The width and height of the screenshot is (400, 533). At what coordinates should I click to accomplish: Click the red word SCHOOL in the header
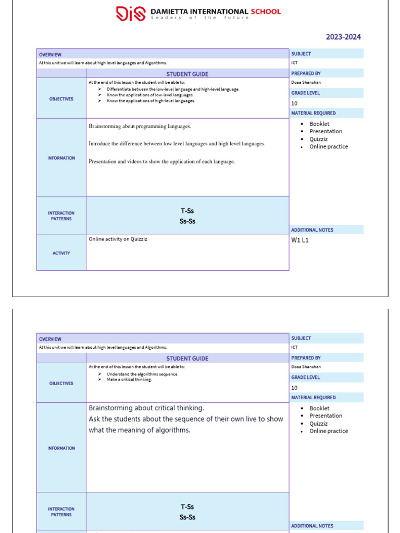click(x=265, y=11)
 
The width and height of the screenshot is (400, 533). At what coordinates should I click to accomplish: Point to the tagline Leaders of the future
click(x=200, y=18)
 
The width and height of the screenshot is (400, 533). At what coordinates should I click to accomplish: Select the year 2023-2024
click(x=343, y=37)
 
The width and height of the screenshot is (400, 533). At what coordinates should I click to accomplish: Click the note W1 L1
click(x=300, y=240)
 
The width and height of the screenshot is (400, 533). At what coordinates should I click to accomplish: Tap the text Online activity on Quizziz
click(x=121, y=239)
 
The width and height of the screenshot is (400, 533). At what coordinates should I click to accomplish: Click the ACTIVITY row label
click(x=61, y=253)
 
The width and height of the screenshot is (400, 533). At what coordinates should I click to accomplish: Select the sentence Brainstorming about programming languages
click(x=140, y=126)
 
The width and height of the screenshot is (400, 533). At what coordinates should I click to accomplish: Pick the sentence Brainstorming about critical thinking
click(x=146, y=408)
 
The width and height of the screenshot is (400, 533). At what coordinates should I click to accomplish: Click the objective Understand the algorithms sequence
click(x=142, y=374)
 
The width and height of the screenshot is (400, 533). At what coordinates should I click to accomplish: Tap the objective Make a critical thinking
click(x=129, y=379)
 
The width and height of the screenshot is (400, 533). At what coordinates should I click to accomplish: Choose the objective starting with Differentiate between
click(x=173, y=90)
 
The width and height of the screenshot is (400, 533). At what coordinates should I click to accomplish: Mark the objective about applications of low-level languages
click(x=150, y=95)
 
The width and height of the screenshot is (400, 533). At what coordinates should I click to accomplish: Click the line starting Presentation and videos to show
click(x=161, y=162)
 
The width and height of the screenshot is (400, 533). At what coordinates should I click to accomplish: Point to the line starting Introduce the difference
click(x=177, y=144)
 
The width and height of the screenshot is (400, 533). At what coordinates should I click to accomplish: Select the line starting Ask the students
click(x=185, y=419)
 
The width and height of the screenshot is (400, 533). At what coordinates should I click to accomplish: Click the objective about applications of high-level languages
click(x=151, y=101)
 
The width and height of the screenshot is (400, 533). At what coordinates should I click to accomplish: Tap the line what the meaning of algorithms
click(x=140, y=430)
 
